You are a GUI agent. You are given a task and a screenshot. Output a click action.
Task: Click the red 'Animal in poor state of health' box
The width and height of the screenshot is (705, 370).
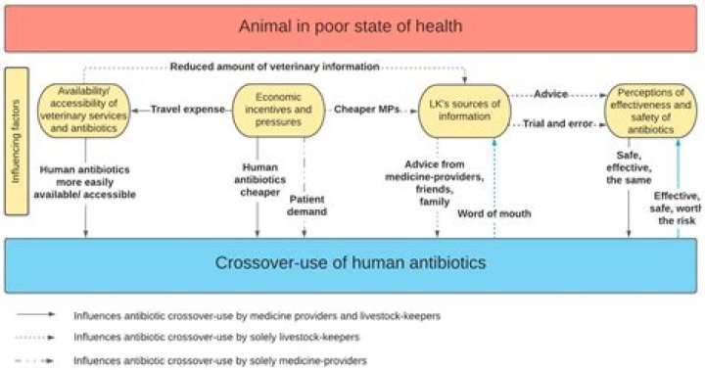352,26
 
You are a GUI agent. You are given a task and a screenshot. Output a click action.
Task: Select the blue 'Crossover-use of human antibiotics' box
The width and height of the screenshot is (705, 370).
352,263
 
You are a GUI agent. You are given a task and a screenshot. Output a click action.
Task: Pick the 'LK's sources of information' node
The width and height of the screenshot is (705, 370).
465,110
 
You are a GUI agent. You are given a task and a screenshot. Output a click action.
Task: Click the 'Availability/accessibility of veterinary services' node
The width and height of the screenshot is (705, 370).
85,110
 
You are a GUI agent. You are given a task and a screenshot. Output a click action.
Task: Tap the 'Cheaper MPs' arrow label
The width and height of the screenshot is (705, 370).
366,109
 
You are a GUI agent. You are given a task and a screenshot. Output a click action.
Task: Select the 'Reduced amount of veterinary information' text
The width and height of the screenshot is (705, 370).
274,67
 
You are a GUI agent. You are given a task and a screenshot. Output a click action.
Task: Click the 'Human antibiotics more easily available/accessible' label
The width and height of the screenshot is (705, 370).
89,181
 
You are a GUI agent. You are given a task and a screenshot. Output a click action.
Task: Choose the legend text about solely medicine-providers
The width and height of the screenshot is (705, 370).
220,360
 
